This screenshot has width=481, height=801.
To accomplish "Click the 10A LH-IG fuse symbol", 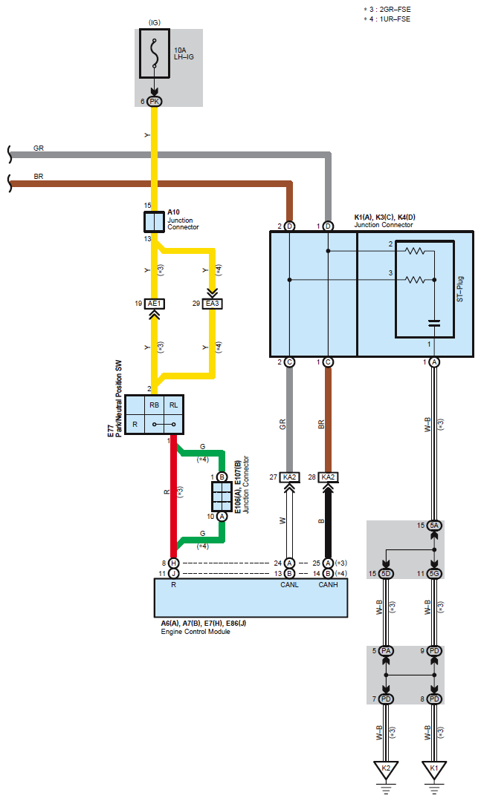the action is click(154, 53).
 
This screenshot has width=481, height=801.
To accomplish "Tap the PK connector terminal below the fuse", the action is click(154, 102).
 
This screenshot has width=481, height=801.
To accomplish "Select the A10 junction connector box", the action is click(154, 222).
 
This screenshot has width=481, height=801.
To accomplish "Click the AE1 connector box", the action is click(154, 304).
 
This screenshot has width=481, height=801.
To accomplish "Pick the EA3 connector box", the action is click(213, 304).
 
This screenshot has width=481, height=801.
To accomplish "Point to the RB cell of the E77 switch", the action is click(155, 405).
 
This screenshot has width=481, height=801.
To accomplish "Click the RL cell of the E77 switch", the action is click(174, 405).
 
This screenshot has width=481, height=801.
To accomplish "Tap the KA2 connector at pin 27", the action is click(290, 477).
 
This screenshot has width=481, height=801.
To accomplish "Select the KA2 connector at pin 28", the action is click(329, 477).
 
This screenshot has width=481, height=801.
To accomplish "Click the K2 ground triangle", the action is click(386, 769).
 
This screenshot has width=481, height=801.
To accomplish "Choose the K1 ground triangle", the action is click(434, 769).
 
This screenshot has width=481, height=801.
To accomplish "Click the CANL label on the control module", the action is click(290, 584).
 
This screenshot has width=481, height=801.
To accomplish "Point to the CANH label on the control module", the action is click(329, 584).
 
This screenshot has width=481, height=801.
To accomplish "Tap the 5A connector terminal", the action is click(434, 525).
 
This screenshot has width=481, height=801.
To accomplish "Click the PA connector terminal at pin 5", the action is click(386, 651).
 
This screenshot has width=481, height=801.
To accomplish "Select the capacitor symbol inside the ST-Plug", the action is click(434, 323).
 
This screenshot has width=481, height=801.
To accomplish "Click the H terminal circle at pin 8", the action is click(173, 563).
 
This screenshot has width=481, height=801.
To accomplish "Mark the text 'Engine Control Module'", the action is click(196, 632).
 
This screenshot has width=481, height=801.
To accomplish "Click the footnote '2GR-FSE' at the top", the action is click(395, 9).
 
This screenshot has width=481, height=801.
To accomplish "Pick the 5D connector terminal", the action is click(386, 574).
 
